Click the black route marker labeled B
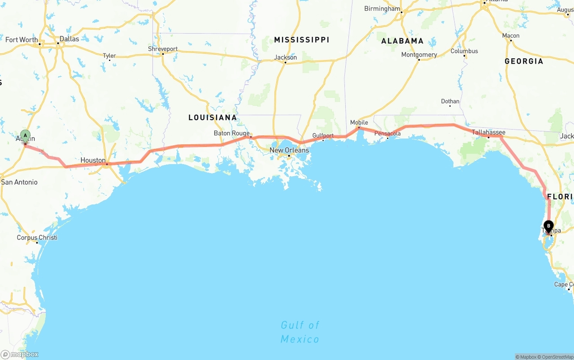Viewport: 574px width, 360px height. (x=548, y=226)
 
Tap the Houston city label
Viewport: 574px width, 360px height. (x=93, y=160)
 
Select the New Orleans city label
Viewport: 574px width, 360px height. (x=289, y=150)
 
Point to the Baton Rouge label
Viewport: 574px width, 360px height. (x=231, y=133)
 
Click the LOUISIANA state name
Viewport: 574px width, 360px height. (x=213, y=117)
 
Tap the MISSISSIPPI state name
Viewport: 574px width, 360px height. (x=301, y=40)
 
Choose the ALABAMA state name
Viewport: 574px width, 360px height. (x=402, y=41)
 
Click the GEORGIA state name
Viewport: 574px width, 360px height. (x=524, y=61)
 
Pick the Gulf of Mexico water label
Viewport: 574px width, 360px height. (x=300, y=332)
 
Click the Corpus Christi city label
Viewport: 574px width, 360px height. (x=37, y=238)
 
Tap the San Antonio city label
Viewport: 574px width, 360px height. (x=19, y=182)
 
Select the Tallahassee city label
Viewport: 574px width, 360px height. (x=488, y=132)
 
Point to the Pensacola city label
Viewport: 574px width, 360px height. (x=388, y=134)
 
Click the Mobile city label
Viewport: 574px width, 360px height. (x=359, y=122)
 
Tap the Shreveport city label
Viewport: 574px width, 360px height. (x=163, y=49)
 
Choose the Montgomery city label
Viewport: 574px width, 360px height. (x=419, y=55)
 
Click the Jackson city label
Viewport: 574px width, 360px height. (x=286, y=57)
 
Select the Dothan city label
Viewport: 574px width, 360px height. (x=450, y=101)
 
